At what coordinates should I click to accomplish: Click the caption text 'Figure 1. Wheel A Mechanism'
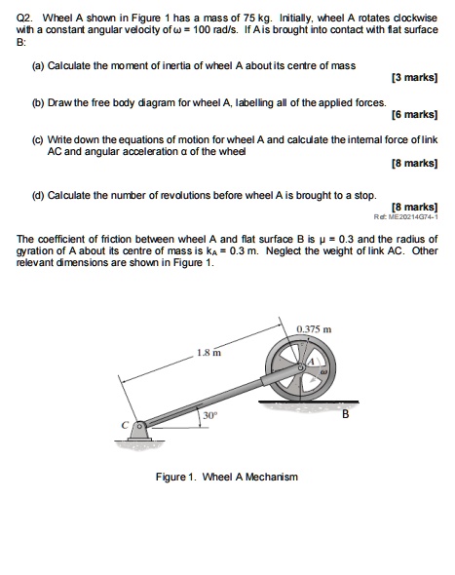pyautogui.click(x=226, y=477)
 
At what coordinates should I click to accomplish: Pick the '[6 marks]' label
pyautogui.click(x=411, y=114)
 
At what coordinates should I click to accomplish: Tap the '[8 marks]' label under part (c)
pyautogui.click(x=411, y=165)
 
